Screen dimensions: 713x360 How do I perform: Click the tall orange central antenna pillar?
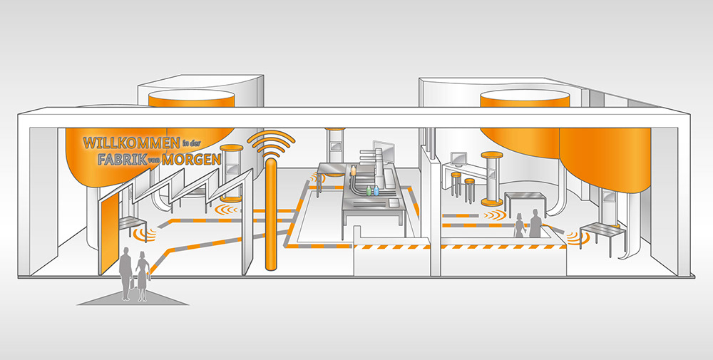271,214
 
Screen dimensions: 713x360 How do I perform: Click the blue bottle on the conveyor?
376,192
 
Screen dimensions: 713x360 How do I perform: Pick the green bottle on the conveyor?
369,192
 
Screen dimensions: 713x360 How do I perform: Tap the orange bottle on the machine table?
352,171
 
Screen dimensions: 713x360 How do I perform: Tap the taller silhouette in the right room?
535,225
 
